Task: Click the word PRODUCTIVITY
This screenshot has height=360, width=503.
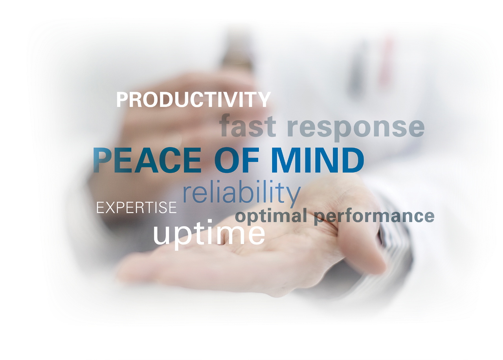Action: click(193, 99)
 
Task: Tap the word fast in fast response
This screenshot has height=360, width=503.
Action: click(247, 125)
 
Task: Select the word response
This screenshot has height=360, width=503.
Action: click(356, 128)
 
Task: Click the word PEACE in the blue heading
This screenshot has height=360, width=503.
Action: click(147, 160)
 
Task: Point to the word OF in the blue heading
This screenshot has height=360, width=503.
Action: click(237, 160)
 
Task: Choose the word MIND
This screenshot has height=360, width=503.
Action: click(318, 160)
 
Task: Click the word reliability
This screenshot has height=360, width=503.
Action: click(242, 193)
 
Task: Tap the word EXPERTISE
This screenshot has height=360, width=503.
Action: click(136, 208)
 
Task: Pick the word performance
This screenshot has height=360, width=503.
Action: click(374, 217)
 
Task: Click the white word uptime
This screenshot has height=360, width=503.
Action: click(209, 234)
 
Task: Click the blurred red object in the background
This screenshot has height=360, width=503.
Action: click(387, 61)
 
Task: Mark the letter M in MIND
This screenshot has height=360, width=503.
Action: click(285, 160)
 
